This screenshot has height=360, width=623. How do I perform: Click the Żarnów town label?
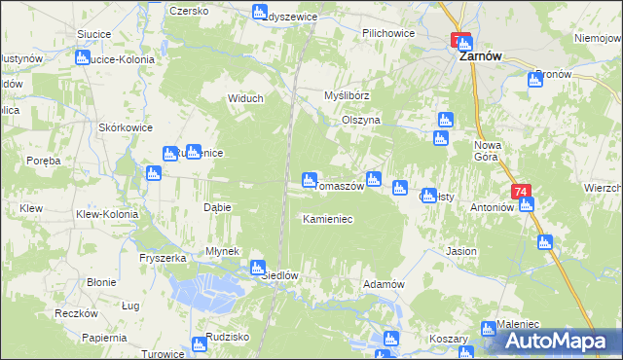click(x=480, y=56)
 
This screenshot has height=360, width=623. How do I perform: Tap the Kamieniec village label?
click(x=327, y=219)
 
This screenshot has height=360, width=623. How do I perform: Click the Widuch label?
click(x=245, y=98)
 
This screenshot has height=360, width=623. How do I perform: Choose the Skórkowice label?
click(x=124, y=128)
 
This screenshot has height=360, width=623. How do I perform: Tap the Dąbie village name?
click(x=216, y=207)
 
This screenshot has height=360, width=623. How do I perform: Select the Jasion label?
click(x=461, y=251)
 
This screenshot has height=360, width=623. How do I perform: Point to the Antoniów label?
click(x=492, y=207)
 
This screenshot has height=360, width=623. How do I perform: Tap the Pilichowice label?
click(x=388, y=33)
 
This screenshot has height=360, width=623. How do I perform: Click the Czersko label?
click(x=190, y=11)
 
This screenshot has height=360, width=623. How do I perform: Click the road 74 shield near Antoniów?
click(x=523, y=193)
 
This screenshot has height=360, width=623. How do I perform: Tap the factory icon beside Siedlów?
click(x=258, y=267)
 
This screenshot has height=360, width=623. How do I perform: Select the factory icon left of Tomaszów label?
click(x=310, y=179)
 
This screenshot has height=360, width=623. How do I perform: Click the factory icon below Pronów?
click(x=534, y=80)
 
